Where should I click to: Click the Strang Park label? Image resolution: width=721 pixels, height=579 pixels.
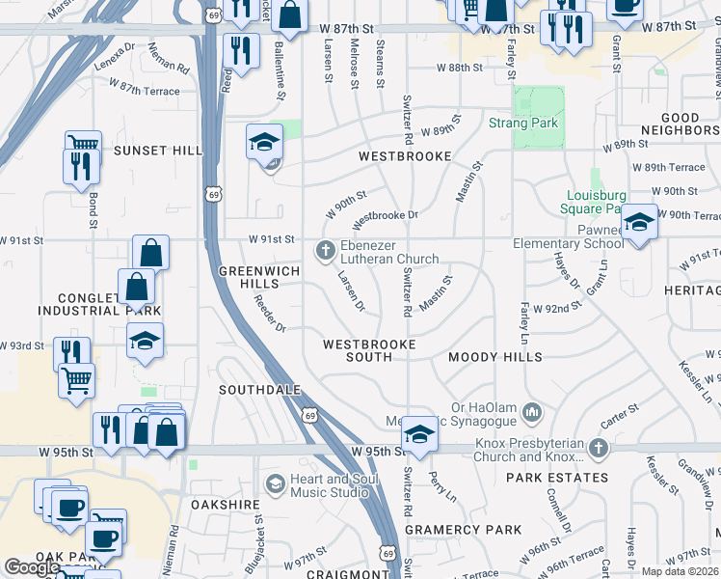pyautogui.click(x=523, y=124)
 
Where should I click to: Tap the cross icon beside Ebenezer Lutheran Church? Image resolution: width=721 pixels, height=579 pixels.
pyautogui.click(x=326, y=251)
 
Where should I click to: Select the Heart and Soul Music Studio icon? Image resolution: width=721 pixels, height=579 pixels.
pyautogui.click(x=276, y=482)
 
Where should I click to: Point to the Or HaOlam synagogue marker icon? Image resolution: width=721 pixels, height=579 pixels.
pyautogui.click(x=531, y=414)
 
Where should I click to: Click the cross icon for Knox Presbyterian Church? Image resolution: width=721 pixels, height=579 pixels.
pyautogui.click(x=599, y=449)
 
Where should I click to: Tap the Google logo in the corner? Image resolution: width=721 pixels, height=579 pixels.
pyautogui.click(x=32, y=567)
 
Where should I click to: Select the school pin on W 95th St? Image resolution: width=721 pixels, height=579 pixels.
pyautogui.click(x=419, y=434)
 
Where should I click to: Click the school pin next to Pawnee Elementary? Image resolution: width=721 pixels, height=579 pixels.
pyautogui.click(x=639, y=223)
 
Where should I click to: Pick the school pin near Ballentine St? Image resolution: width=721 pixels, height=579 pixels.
pyautogui.click(x=265, y=142)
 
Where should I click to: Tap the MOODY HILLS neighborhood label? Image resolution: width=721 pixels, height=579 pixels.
pyautogui.click(x=495, y=357)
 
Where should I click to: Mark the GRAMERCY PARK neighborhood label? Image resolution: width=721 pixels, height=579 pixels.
pyautogui.click(x=463, y=530)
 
